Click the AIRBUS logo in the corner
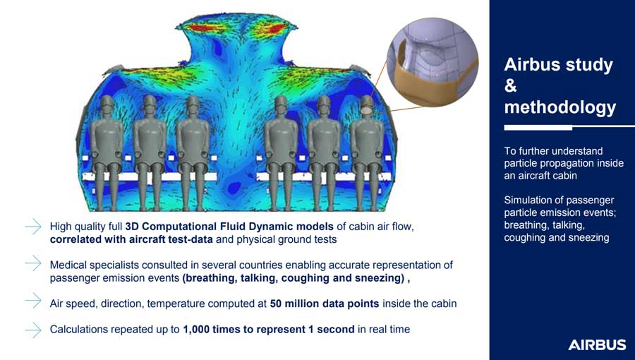(597, 345)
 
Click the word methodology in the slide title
(560, 107)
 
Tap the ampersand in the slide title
(511, 86)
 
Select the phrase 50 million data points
(325, 304)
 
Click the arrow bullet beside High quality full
(32, 227)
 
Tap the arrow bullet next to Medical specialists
(32, 263)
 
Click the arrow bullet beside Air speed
(32, 301)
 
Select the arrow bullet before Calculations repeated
(32, 330)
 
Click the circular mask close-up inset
(432, 62)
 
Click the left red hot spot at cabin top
(201, 28)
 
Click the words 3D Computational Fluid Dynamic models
(229, 227)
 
